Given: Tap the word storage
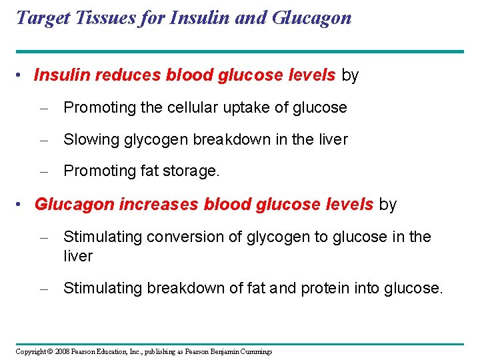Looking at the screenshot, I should pos(195,171).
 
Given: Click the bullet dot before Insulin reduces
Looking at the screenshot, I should pos(23,76).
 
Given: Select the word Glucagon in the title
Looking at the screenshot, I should pos(311,17).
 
